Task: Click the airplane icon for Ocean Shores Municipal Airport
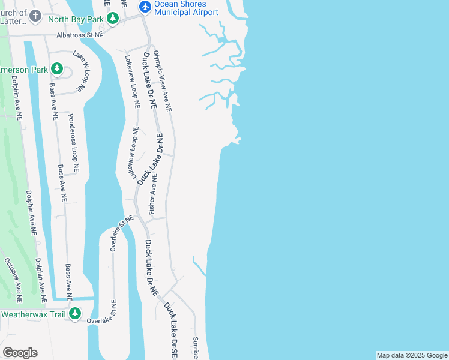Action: pos(145,7)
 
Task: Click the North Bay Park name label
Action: pos(76,18)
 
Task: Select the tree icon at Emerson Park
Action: pos(57,69)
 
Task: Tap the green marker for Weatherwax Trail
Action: pos(75,313)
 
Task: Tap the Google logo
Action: pos(20,353)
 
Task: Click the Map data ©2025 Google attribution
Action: pos(412,355)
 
